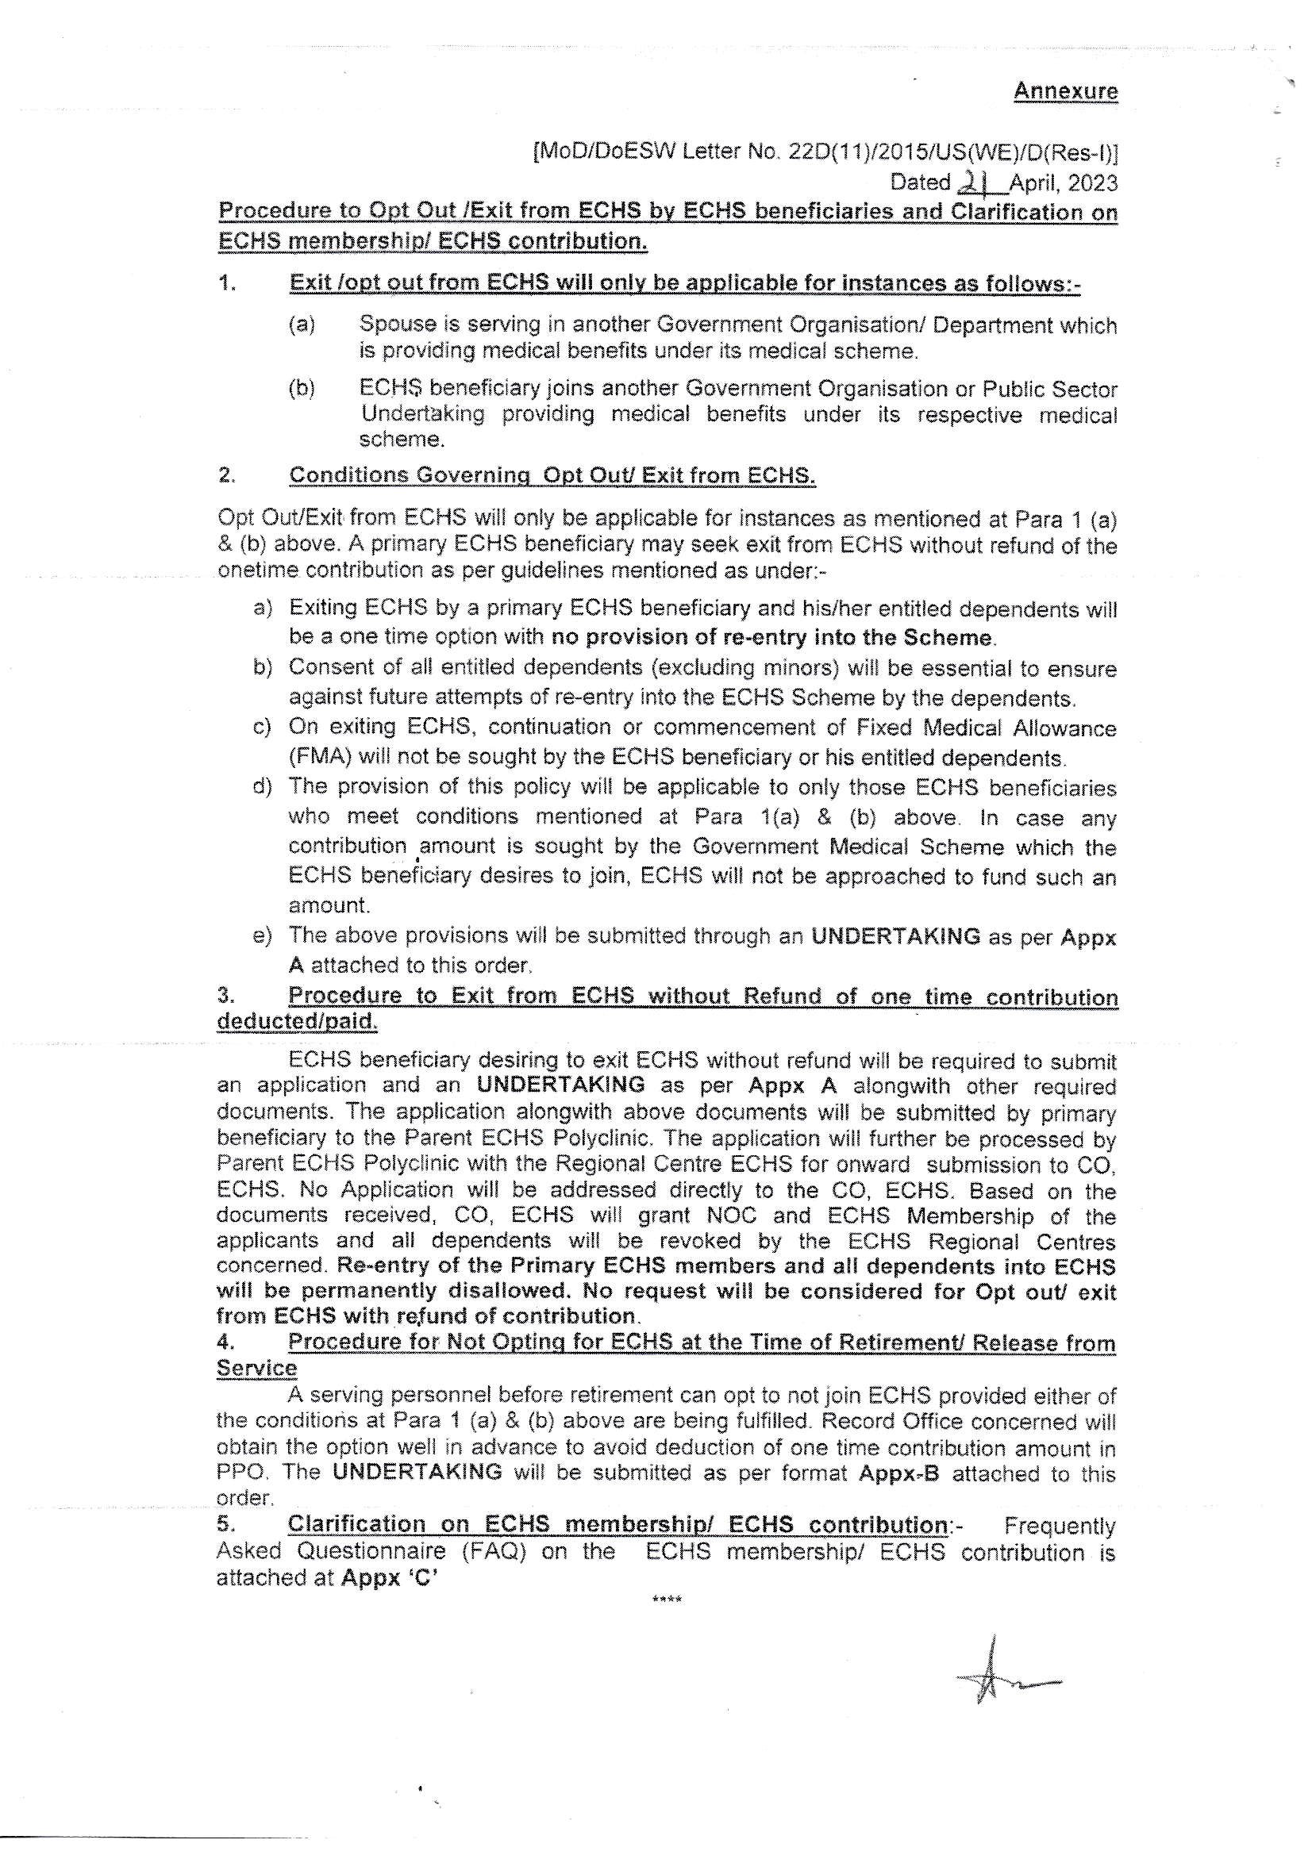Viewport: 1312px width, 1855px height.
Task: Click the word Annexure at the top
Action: click(x=1065, y=91)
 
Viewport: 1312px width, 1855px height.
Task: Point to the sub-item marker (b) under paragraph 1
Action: click(x=302, y=389)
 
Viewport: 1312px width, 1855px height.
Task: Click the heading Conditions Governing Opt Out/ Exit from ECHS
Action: click(x=552, y=475)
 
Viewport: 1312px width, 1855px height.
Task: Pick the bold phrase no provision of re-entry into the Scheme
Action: click(x=771, y=637)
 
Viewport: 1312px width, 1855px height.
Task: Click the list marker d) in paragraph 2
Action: click(x=262, y=786)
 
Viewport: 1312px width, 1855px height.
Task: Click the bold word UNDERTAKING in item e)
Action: click(x=895, y=936)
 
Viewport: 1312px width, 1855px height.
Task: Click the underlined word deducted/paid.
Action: click(x=297, y=1022)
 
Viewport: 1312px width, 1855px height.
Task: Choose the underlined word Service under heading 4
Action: click(x=256, y=1369)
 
